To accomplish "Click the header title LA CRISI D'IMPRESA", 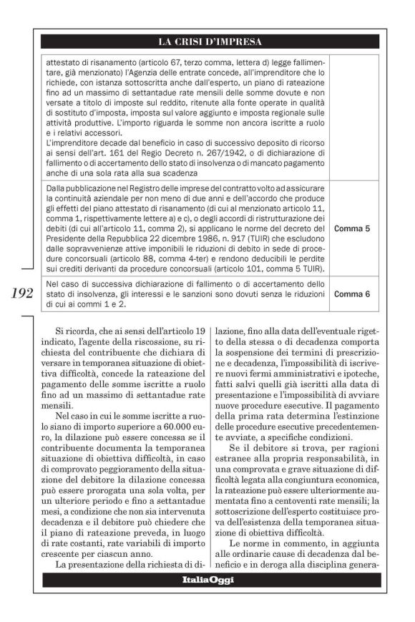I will pos(210,42).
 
